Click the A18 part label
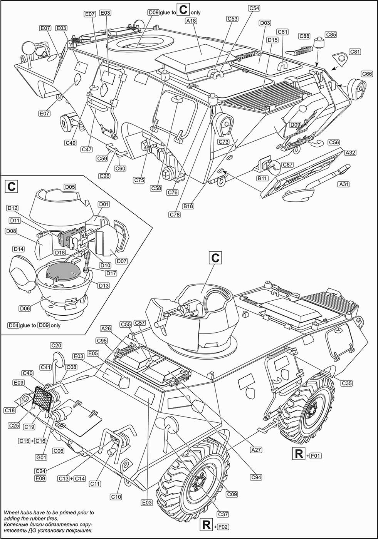pyautogui.click(x=191, y=21)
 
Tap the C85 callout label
pyautogui.click(x=331, y=35)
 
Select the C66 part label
pyautogui.click(x=366, y=74)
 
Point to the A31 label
pyautogui.click(x=343, y=184)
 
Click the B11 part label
pyautogui.click(x=262, y=178)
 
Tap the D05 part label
pyautogui.click(x=70, y=187)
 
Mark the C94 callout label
pyautogui.click(x=256, y=477)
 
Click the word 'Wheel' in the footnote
pyautogui.click(x=11, y=513)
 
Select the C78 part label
pyautogui.click(x=175, y=215)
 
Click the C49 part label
pyautogui.click(x=71, y=143)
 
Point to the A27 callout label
pyautogui.click(x=256, y=449)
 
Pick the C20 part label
pyautogui.click(x=56, y=345)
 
